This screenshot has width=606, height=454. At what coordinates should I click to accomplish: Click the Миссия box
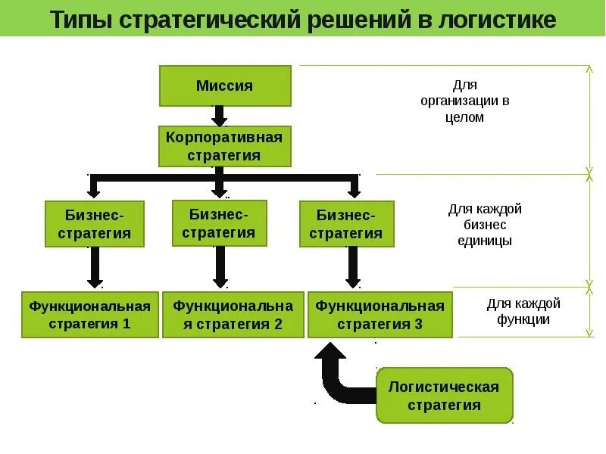click(224, 86)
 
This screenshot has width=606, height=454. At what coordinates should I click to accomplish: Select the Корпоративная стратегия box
click(224, 146)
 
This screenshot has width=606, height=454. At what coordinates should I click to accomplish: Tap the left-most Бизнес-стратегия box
click(93, 224)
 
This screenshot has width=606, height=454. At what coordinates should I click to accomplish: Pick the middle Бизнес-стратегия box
click(220, 222)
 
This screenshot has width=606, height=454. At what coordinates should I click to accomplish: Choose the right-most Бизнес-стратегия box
click(347, 224)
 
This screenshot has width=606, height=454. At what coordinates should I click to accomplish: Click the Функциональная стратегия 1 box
click(90, 315)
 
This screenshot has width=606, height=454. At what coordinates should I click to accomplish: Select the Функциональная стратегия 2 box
click(233, 315)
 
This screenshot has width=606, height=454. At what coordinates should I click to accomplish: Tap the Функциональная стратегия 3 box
click(380, 315)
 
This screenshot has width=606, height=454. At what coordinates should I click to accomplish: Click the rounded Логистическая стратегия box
click(445, 395)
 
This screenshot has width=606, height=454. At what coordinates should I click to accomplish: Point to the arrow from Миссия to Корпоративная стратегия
click(220, 116)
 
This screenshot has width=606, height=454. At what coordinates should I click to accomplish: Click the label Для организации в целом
click(465, 101)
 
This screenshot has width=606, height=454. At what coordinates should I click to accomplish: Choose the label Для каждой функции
click(523, 311)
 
